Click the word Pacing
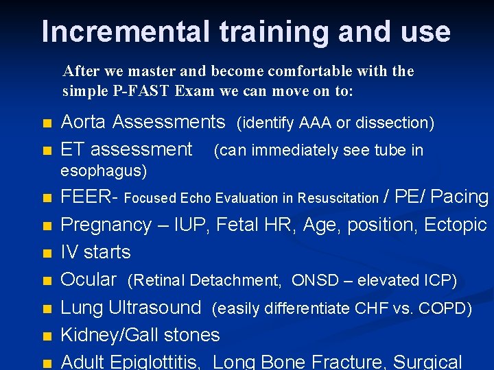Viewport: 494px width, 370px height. pos(460,197)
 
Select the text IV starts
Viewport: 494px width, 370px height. pos(95,252)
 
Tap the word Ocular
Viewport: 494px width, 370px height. pos(89,280)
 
